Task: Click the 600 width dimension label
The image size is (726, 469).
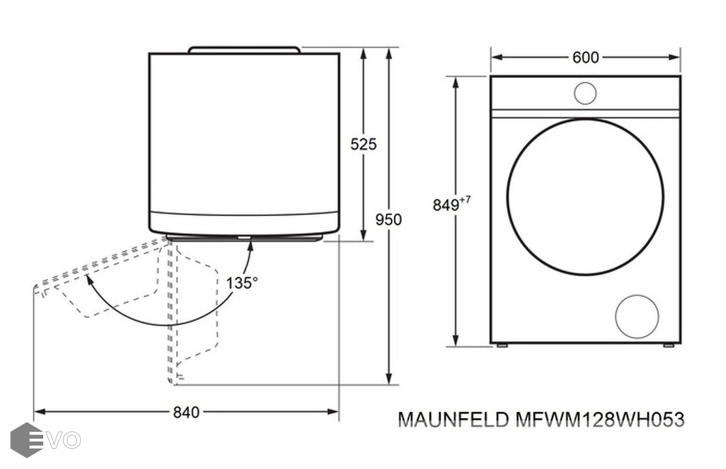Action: pos(585,58)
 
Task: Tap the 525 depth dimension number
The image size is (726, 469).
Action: pos(364,144)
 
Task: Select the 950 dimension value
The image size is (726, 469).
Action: pos(389,219)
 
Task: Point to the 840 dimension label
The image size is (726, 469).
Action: pos(186,413)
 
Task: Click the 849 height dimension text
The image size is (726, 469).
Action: pos(446,205)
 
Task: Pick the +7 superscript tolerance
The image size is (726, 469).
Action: pos(465,200)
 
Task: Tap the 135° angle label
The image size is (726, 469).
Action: pos(242,283)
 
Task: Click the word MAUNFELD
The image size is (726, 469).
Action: pos(453,419)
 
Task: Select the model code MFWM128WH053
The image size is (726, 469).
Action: pos(599,419)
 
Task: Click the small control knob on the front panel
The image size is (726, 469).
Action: pos(585,93)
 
